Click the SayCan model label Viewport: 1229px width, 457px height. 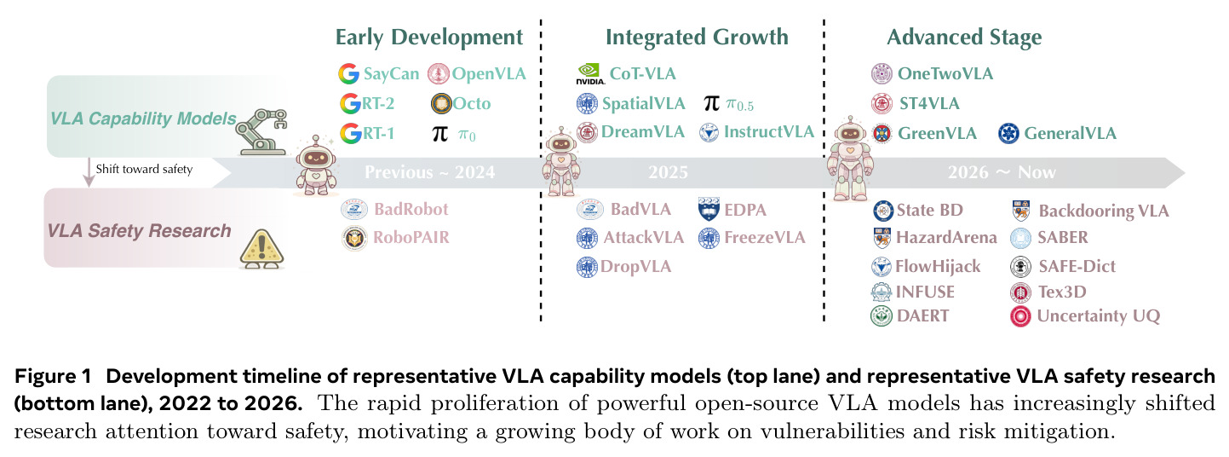coord(391,73)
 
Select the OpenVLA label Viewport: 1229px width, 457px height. coord(489,73)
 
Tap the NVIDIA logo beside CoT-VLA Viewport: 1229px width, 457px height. coord(590,73)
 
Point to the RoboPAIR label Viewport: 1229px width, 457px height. coord(411,237)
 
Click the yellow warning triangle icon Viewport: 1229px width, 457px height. coord(262,249)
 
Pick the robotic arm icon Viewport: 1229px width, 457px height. coord(261,132)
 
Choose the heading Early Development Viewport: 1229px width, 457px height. coord(429,38)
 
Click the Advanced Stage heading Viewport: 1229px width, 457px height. coord(964,38)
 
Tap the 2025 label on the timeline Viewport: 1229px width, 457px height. coord(668,172)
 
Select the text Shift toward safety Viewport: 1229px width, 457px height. coord(144,169)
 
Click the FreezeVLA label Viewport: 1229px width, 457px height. coord(764,237)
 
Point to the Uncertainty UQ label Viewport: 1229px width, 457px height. coord(1099,315)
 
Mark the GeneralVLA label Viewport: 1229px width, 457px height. coord(1070,134)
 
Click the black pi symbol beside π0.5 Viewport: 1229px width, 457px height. coord(712,103)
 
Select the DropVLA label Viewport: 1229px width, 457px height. coord(635,266)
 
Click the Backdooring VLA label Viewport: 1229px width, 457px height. coord(1103,211)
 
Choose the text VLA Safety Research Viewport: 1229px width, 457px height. coord(140,231)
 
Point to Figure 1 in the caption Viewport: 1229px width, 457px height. coord(53,376)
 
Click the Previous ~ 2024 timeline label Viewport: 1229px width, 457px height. coord(429,172)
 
